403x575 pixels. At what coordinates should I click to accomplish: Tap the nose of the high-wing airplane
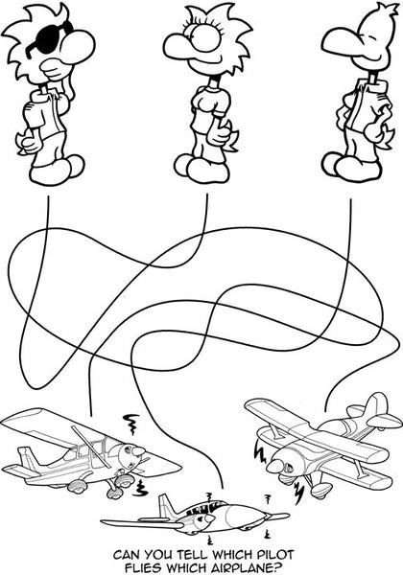(134, 450)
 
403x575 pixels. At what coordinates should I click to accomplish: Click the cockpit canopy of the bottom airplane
(206, 506)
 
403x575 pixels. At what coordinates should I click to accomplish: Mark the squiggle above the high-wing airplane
(132, 423)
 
